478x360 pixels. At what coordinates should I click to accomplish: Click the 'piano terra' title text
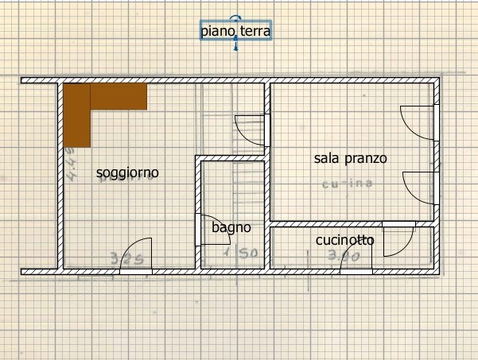[235, 31]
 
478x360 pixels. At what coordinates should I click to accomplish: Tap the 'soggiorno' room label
[127, 172]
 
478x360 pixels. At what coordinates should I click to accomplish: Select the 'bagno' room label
[231, 227]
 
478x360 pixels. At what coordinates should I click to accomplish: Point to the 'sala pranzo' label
[350, 158]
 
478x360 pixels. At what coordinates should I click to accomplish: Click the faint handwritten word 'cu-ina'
[347, 184]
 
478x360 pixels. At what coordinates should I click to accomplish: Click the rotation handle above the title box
[235, 17]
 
